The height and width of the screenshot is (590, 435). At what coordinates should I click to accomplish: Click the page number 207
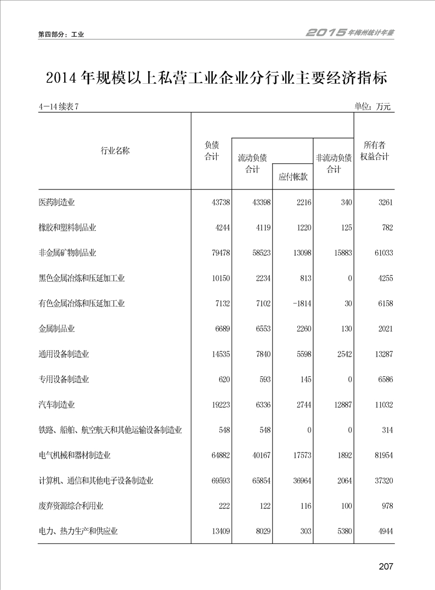coord(386,566)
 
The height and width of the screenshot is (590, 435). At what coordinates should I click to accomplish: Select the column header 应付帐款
coord(293,177)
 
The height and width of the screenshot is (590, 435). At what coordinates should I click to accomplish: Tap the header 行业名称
coord(115,151)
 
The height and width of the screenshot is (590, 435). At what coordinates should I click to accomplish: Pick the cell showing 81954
coord(382,455)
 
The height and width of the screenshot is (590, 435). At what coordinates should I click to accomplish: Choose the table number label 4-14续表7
coord(59,107)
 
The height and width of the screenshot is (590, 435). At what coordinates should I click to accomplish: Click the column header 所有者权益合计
coord(375,151)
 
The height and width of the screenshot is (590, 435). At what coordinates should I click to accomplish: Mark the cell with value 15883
coord(341,253)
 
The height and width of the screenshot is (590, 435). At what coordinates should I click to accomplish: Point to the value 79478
coord(221,253)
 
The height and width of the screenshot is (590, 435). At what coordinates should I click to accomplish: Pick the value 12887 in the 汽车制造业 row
coord(341,405)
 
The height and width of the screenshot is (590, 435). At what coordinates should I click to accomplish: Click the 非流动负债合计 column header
coord(334,163)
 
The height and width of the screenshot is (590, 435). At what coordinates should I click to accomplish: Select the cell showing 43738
coord(221,203)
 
